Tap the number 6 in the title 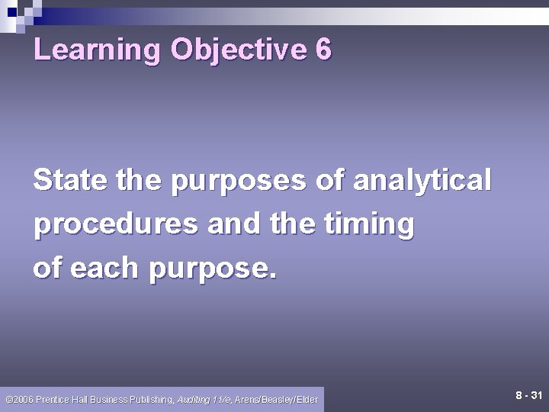[323, 50]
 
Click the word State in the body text [68, 181]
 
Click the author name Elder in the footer [307, 399]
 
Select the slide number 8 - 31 [528, 396]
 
